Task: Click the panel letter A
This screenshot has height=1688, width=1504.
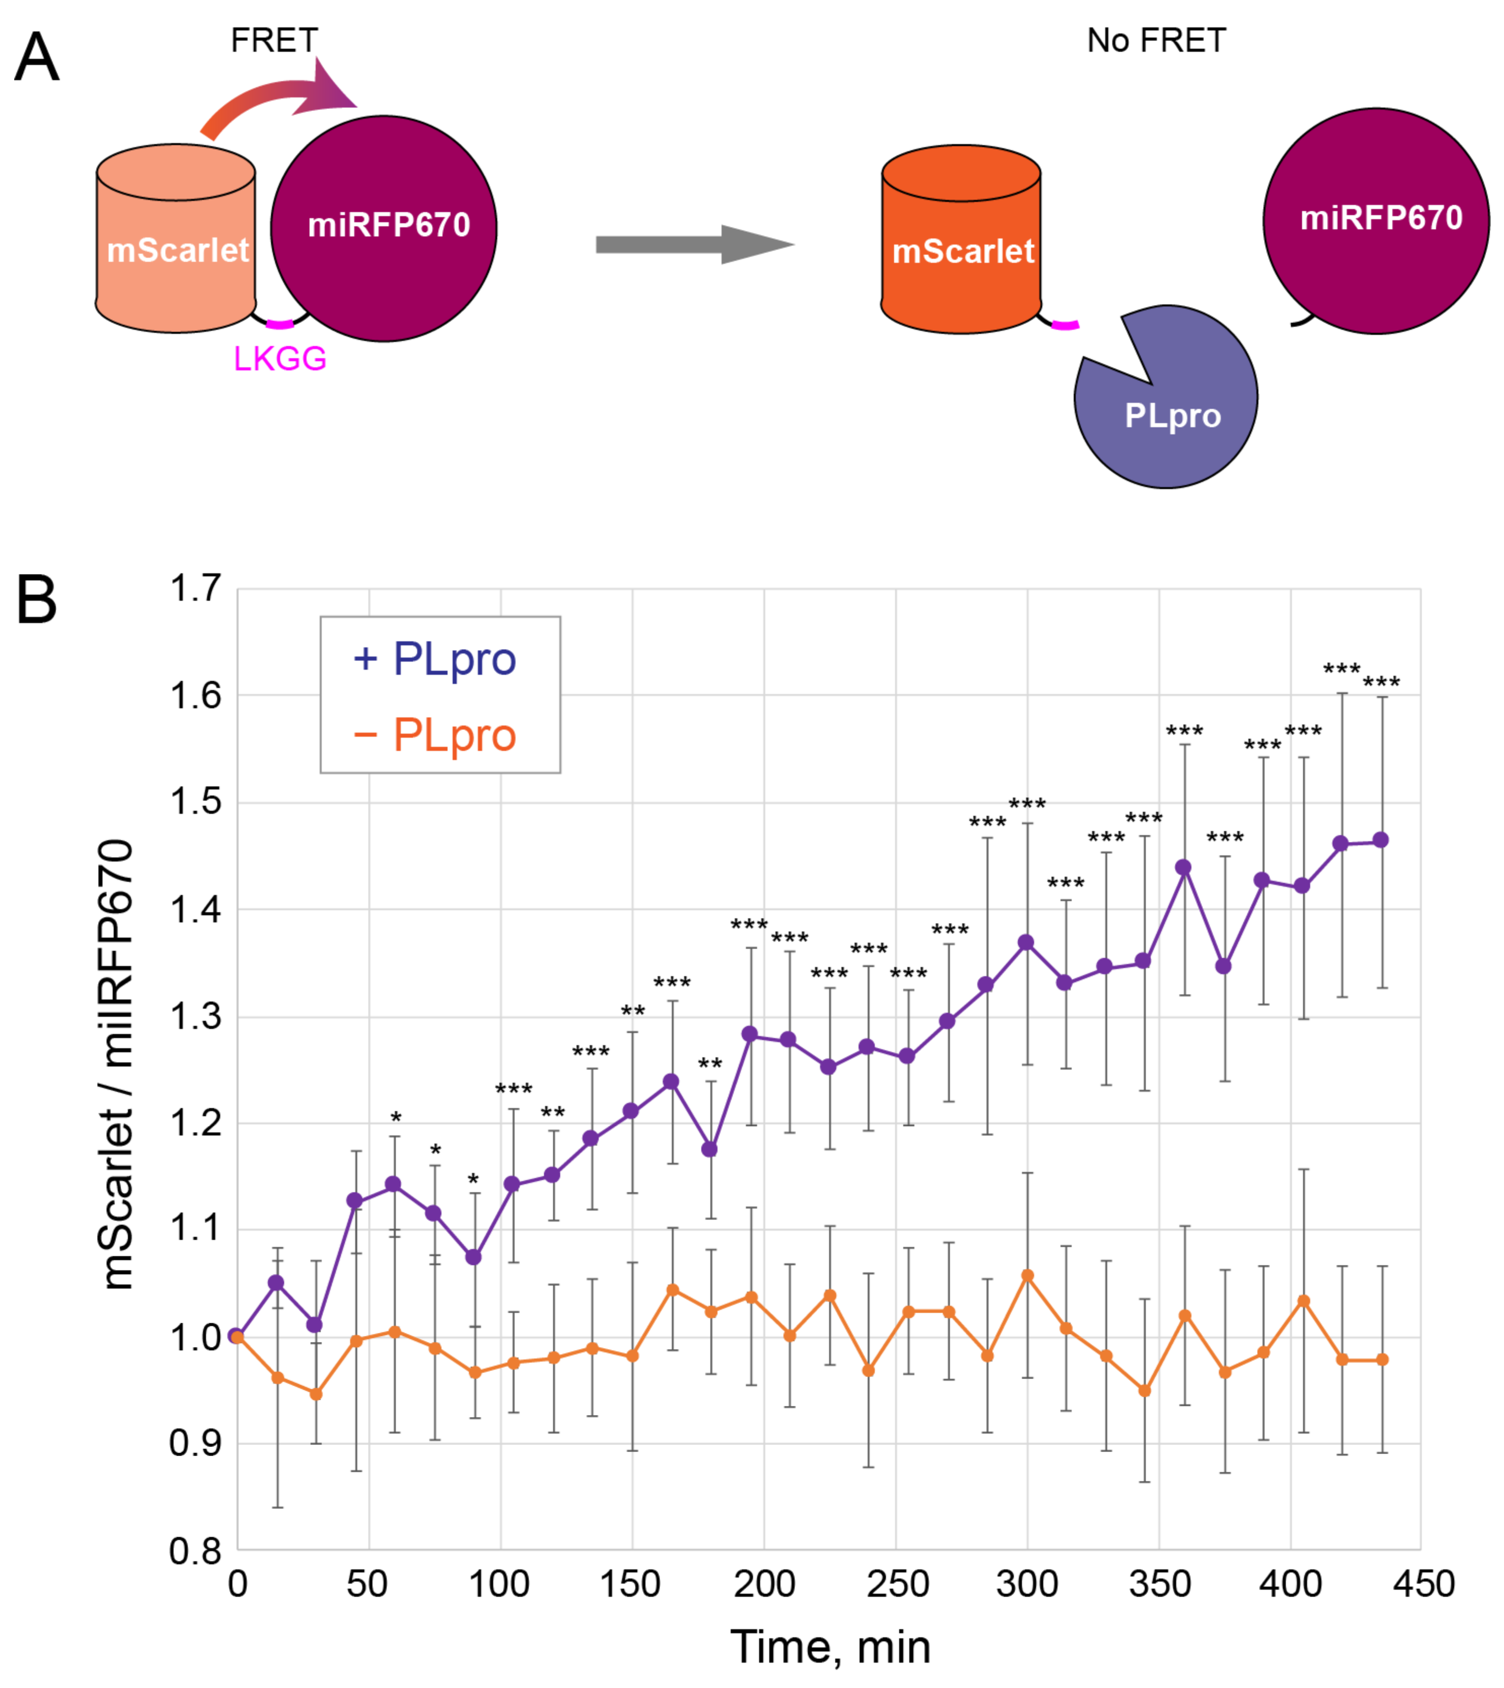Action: [x=37, y=58]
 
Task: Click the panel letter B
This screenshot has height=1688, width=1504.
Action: [x=37, y=601]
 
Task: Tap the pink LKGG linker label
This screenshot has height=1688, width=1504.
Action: [x=280, y=359]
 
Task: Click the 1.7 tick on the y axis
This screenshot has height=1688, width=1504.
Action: [x=196, y=589]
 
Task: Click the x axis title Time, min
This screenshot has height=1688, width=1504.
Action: [x=831, y=1647]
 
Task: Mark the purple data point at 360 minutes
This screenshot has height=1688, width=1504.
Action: [x=1183, y=868]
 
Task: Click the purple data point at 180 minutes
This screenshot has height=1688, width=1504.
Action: [x=709, y=1149]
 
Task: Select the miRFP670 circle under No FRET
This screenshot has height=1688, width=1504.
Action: [x=1376, y=221]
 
